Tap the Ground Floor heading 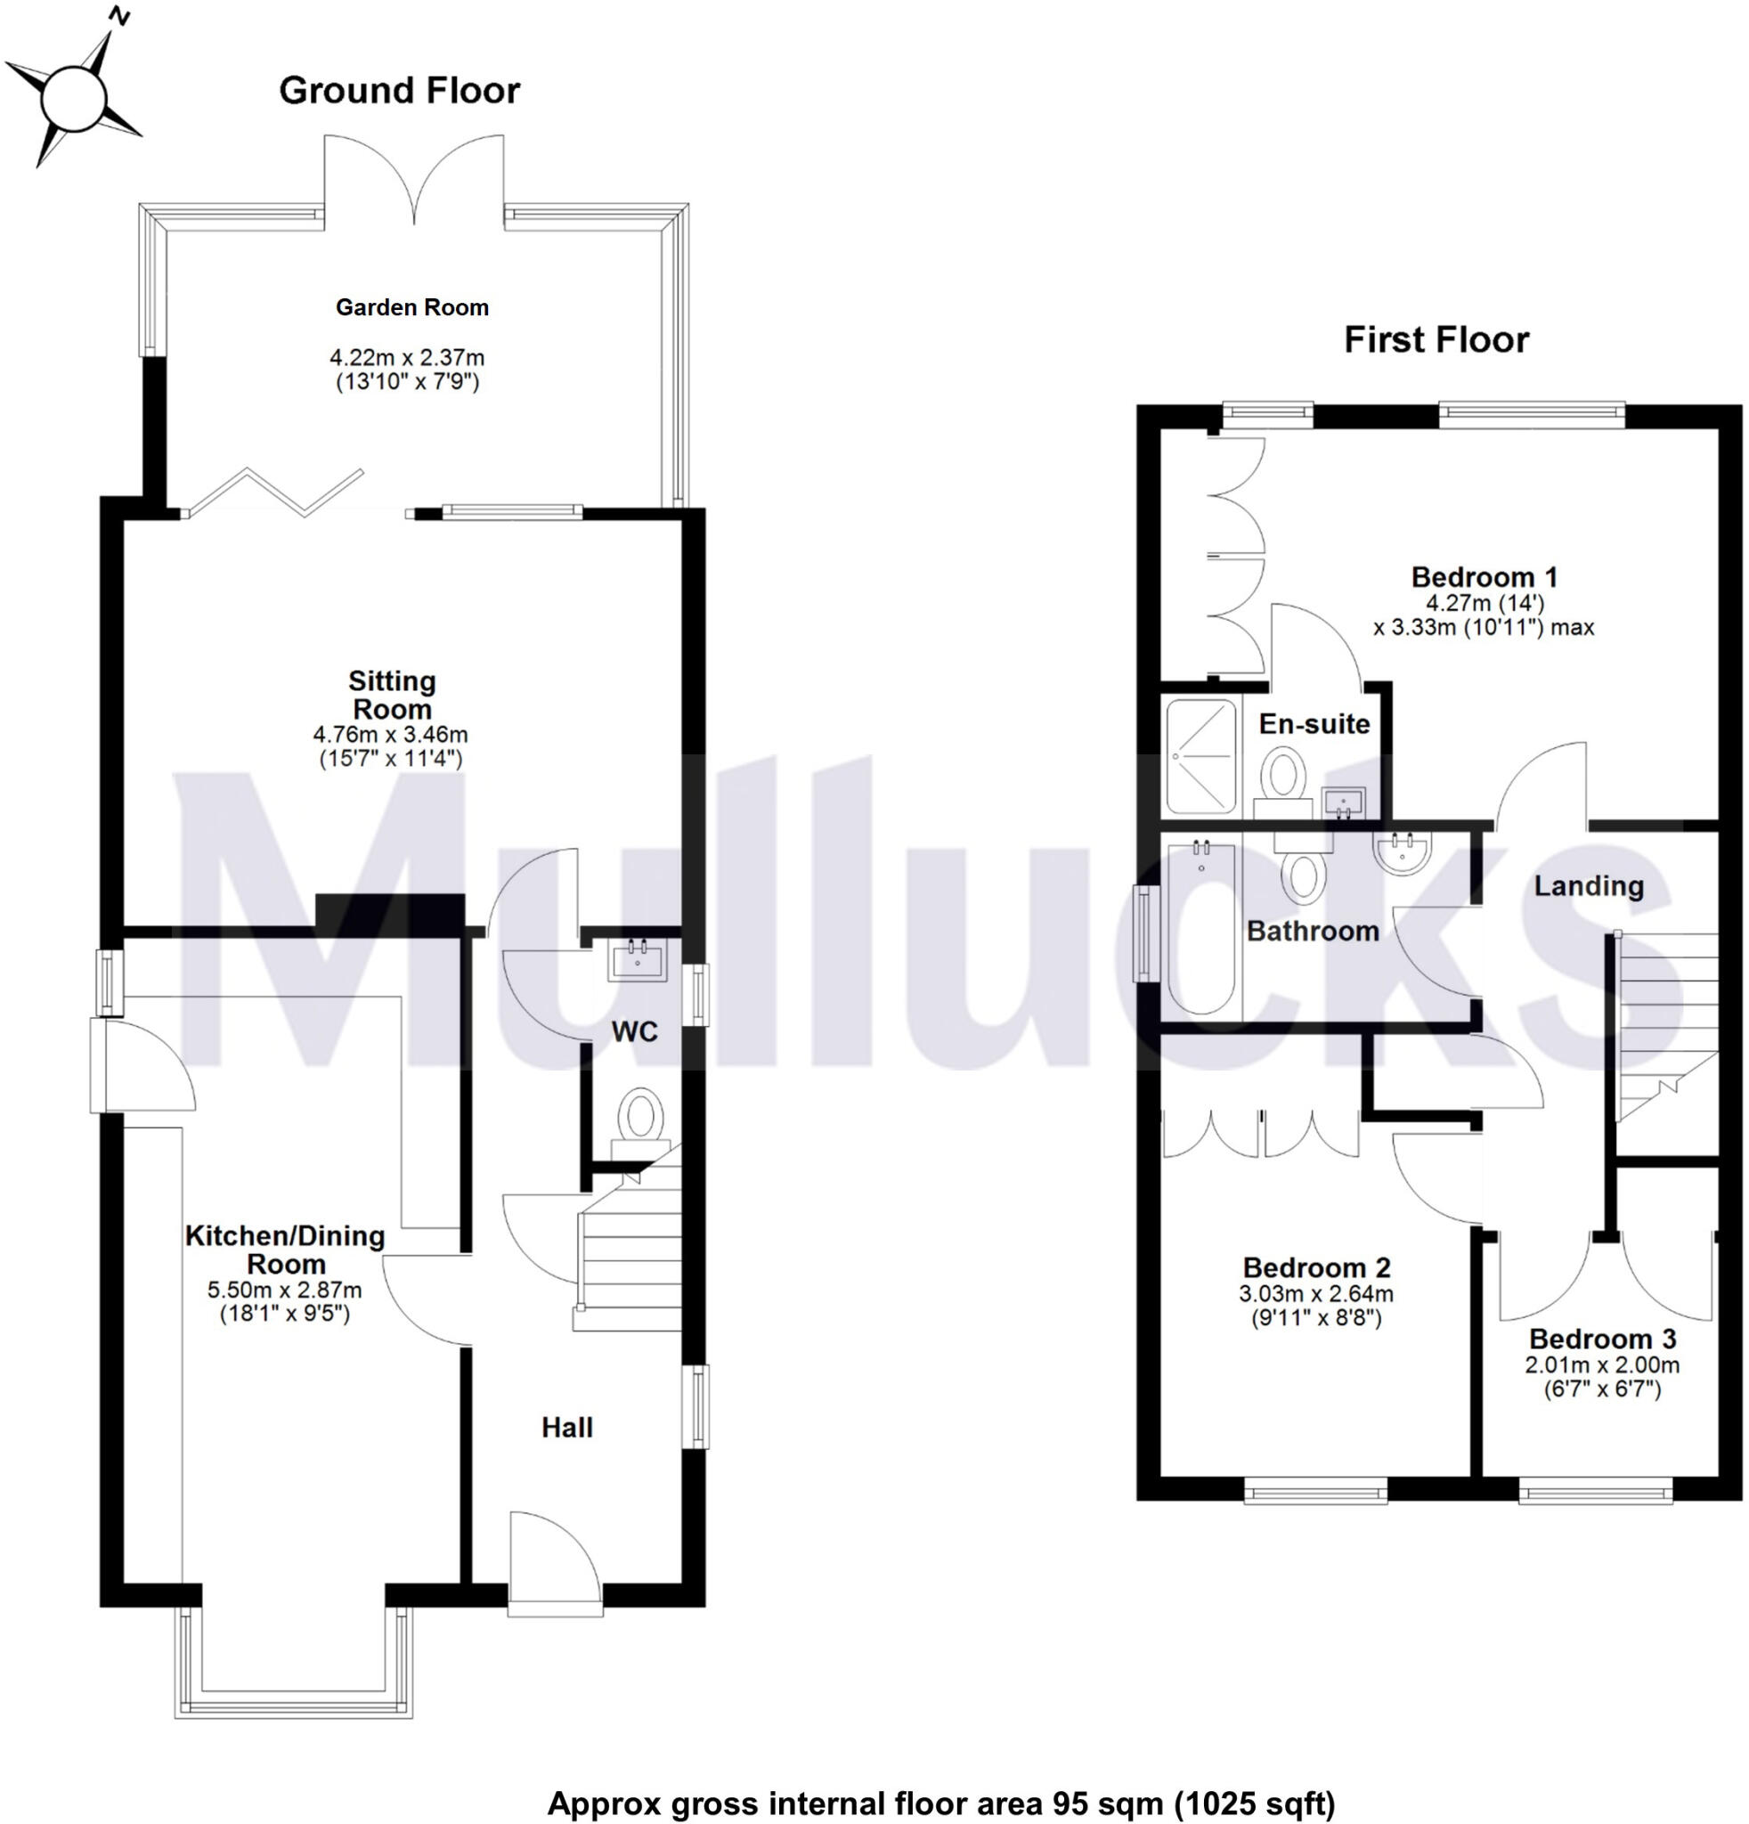click(x=399, y=90)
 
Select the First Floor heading click(x=1436, y=339)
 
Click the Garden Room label click(x=412, y=307)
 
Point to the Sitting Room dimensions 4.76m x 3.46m click(x=391, y=734)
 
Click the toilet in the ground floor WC click(x=640, y=1116)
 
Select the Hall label click(x=566, y=1427)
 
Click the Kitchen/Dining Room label click(x=285, y=1249)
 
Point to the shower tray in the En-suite click(x=1201, y=757)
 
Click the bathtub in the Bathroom click(x=1201, y=926)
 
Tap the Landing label click(x=1588, y=886)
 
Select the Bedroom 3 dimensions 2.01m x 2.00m click(x=1602, y=1365)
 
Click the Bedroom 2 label click(x=1316, y=1267)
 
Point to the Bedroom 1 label click(x=1484, y=577)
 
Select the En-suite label click(x=1314, y=724)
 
